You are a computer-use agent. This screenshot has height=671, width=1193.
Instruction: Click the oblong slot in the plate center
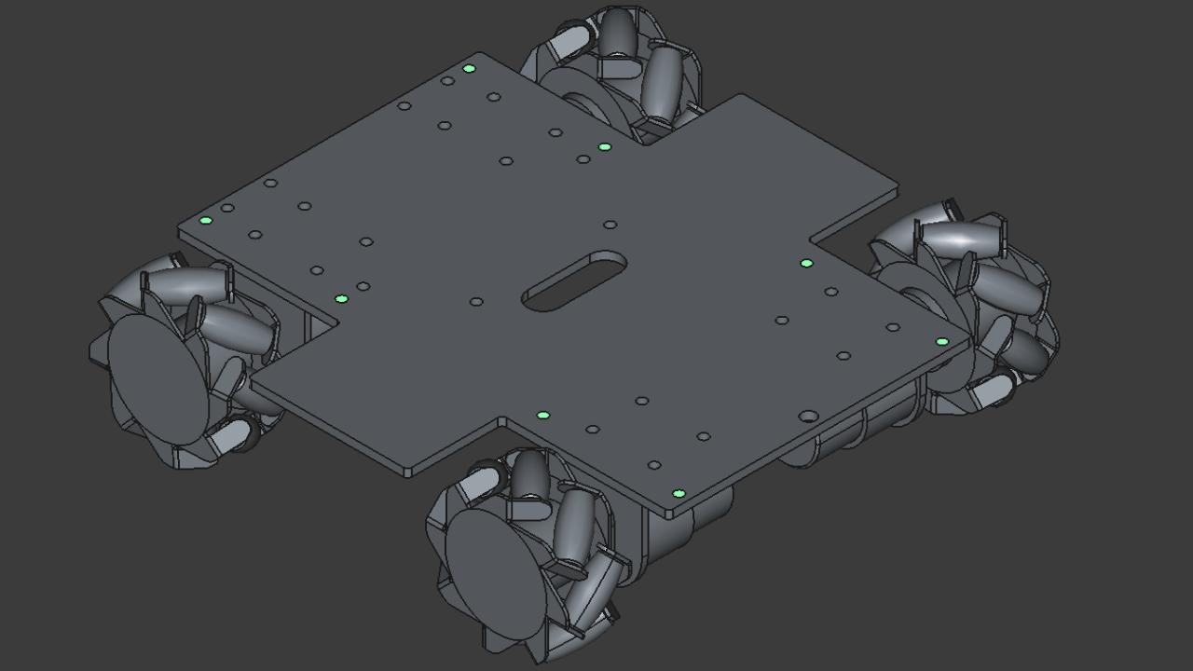[573, 281]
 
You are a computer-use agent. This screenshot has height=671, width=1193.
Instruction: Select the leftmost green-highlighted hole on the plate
[206, 221]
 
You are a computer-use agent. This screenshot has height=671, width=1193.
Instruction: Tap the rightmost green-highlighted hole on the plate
[941, 342]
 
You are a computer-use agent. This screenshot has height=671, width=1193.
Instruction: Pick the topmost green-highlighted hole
[469, 69]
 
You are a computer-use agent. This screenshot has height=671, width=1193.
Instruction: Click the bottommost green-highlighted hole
[679, 494]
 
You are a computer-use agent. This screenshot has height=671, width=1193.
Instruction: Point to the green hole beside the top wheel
[605, 147]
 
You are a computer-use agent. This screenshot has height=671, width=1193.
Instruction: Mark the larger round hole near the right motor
[808, 416]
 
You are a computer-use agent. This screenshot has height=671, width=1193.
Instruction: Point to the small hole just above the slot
[610, 225]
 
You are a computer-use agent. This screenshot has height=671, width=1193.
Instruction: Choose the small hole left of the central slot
[476, 302]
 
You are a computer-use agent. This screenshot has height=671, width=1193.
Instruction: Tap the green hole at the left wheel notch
[341, 299]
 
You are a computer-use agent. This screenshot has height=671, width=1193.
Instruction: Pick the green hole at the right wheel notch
[806, 264]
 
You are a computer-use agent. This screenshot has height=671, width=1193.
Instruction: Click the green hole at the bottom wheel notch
[543, 416]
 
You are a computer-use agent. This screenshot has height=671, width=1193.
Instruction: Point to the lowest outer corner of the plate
[671, 514]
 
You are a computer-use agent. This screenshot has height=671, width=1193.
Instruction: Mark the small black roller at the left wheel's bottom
[243, 433]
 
